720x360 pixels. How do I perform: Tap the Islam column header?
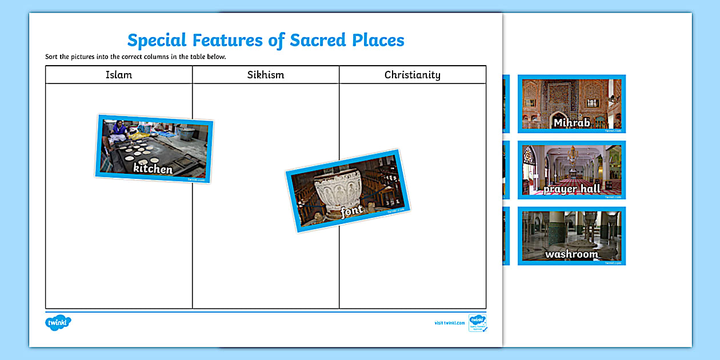119,75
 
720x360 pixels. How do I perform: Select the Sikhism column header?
266,75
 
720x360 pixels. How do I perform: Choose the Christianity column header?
413,75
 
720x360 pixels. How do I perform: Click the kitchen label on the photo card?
153,169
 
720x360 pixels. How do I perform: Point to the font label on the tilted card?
352,213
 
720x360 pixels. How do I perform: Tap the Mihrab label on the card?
571,123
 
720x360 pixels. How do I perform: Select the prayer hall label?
571,189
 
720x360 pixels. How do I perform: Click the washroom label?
571,254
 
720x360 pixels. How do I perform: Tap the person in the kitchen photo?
119,129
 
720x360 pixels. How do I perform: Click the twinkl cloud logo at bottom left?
58,323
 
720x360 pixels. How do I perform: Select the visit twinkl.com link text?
449,323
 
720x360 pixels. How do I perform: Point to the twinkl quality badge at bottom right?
478,323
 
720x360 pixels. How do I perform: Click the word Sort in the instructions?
51,57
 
